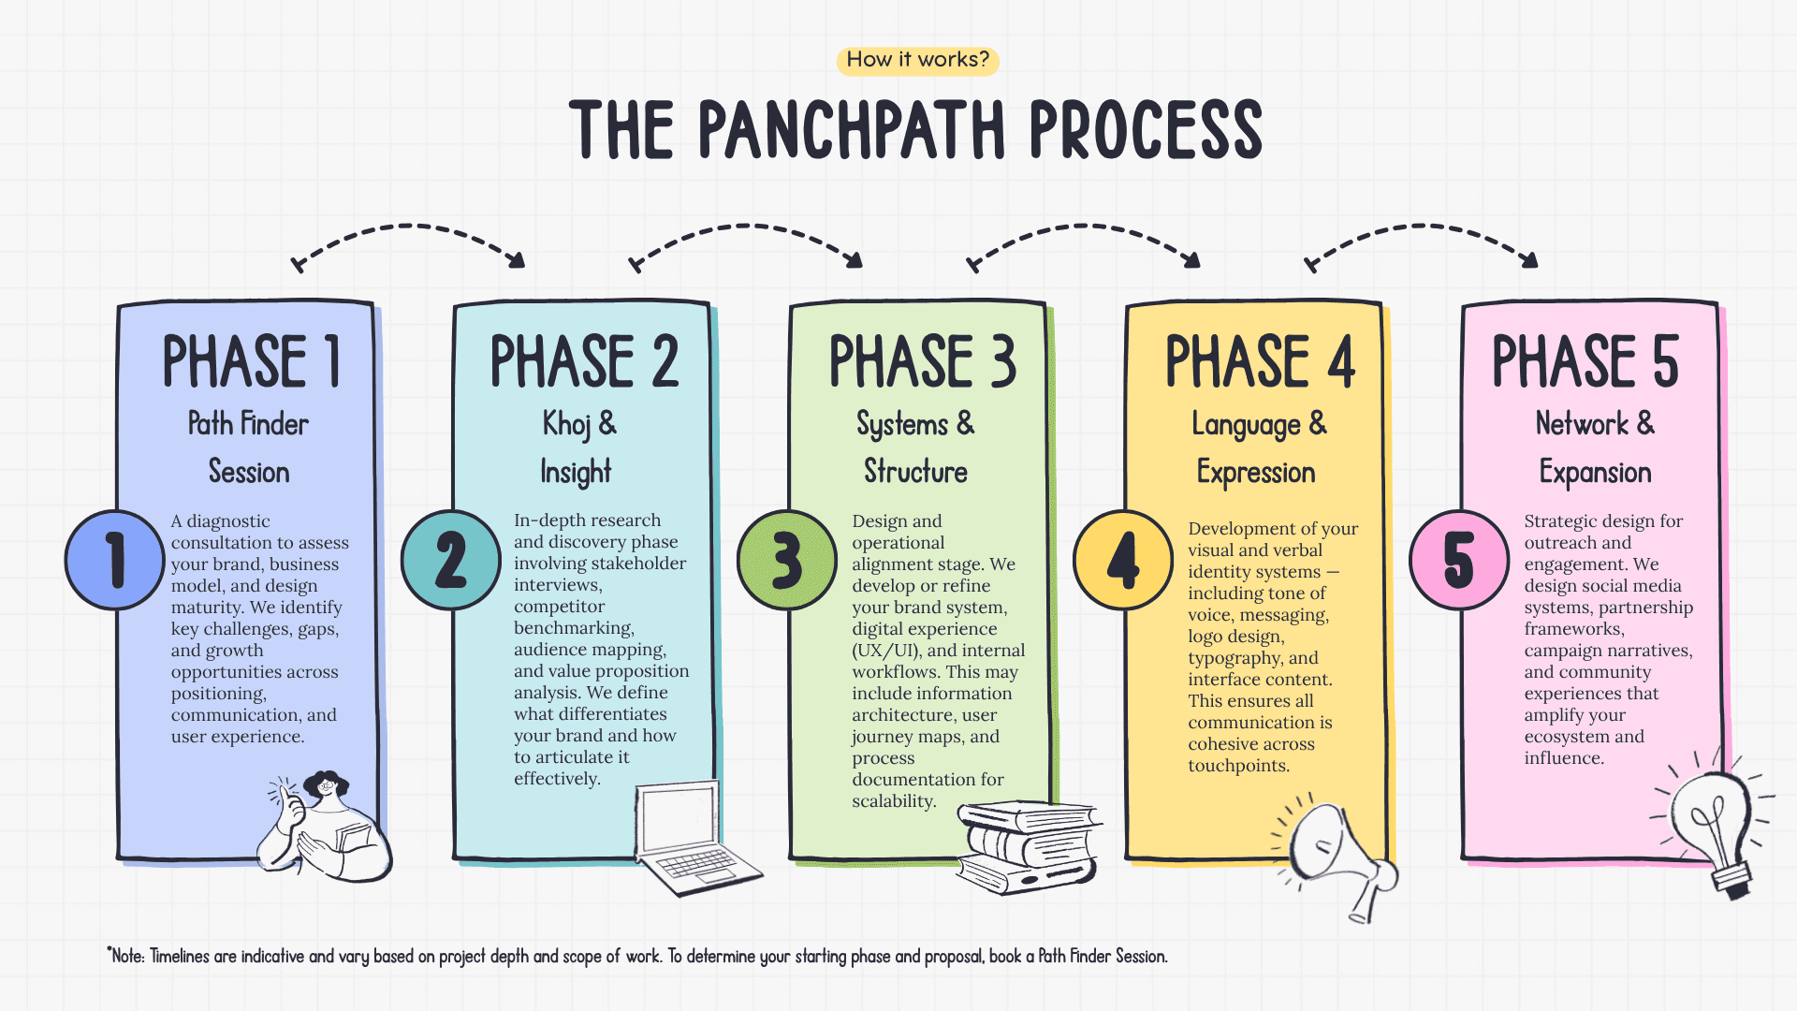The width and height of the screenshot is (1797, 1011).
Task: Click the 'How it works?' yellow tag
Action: pos(917,60)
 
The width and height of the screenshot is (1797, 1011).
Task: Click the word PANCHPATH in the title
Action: pos(852,131)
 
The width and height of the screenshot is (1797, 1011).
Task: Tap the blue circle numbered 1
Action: pos(115,560)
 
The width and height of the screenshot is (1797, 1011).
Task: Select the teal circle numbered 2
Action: pos(451,560)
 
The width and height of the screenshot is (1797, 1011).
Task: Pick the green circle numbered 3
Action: pos(787,560)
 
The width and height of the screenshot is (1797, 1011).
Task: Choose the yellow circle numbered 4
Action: pos(1123,560)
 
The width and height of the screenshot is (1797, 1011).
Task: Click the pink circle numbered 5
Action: pos(1459,560)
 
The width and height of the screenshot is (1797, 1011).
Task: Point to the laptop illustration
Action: pos(693,838)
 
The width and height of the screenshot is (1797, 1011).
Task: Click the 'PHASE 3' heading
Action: pos(922,361)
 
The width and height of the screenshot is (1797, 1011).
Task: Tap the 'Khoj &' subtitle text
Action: pos(579,424)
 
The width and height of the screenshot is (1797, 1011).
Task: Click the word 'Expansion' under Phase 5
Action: pos(1595,473)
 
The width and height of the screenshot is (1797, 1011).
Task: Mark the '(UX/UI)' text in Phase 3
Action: pos(885,651)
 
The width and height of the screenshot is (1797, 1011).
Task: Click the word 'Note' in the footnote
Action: pos(127,956)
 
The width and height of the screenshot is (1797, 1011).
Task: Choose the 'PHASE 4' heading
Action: pos(1259,361)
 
